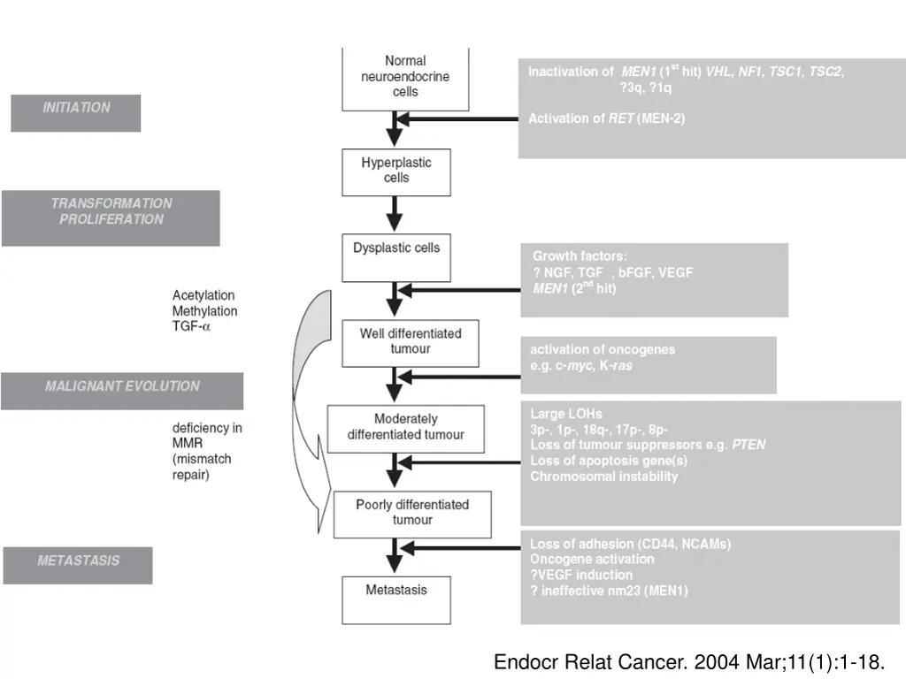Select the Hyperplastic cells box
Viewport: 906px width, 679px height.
pyautogui.click(x=396, y=172)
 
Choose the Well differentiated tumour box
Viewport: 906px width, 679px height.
pyautogui.click(x=410, y=342)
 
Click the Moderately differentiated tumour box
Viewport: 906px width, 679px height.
pyautogui.click(x=405, y=428)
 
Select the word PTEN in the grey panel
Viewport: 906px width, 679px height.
pyautogui.click(x=749, y=445)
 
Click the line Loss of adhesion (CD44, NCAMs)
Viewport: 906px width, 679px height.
pyautogui.click(x=630, y=544)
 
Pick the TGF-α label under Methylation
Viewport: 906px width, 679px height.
pyautogui.click(x=192, y=326)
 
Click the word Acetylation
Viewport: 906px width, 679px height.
pyautogui.click(x=203, y=295)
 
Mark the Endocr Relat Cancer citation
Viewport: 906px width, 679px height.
pyautogui.click(x=687, y=661)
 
